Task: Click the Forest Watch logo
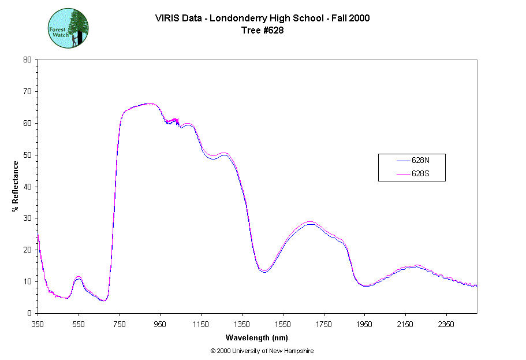pos(68,28)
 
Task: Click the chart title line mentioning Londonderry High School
pos(262,18)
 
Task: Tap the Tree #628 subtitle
pos(262,31)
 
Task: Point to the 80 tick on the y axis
pos(27,60)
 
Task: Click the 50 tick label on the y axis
pos(27,155)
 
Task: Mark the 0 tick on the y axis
pos(29,313)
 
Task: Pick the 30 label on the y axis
pos(27,218)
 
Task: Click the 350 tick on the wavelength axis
pos(38,324)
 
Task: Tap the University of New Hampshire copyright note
pos(262,351)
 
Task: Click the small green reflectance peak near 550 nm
pos(79,277)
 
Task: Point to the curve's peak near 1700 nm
pos(311,222)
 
